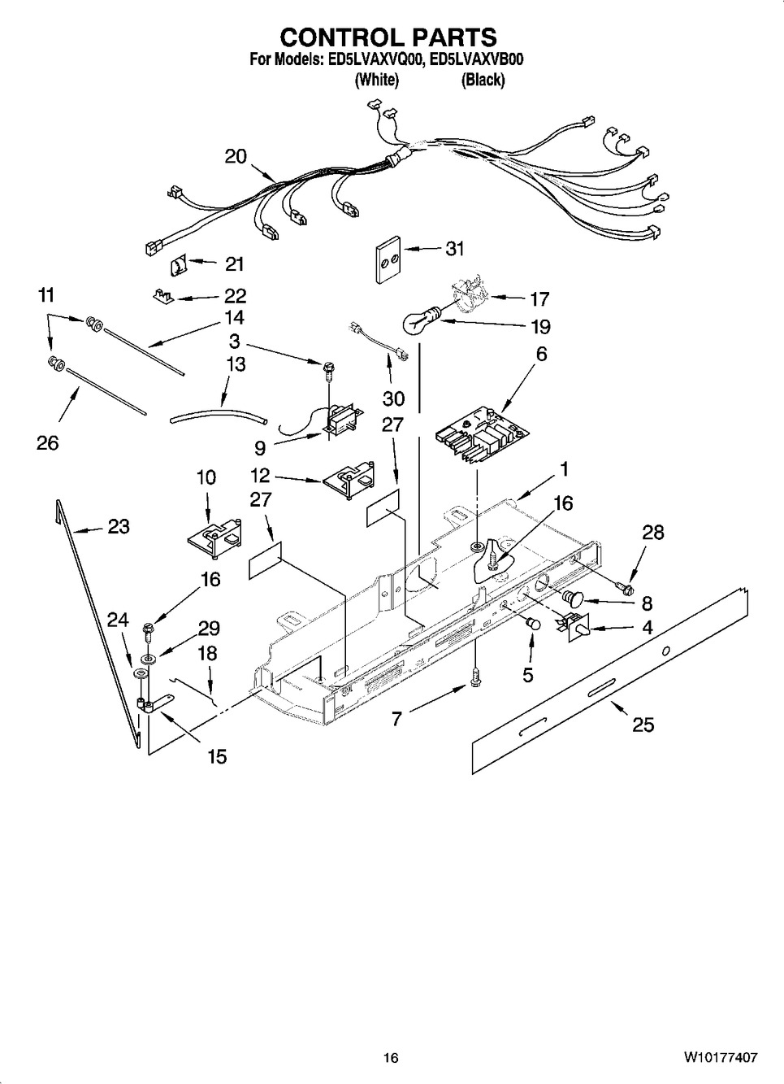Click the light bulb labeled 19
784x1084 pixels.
(422, 321)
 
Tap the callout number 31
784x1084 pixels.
(454, 249)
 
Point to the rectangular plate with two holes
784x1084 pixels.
(388, 259)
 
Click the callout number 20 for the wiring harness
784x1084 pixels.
(236, 156)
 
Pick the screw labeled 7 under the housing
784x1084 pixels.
(475, 675)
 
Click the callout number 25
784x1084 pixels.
(643, 725)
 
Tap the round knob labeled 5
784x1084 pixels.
(533, 624)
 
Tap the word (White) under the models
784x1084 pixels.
(377, 80)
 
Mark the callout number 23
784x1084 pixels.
(119, 527)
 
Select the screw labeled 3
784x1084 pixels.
(327, 373)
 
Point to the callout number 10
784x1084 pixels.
(206, 478)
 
